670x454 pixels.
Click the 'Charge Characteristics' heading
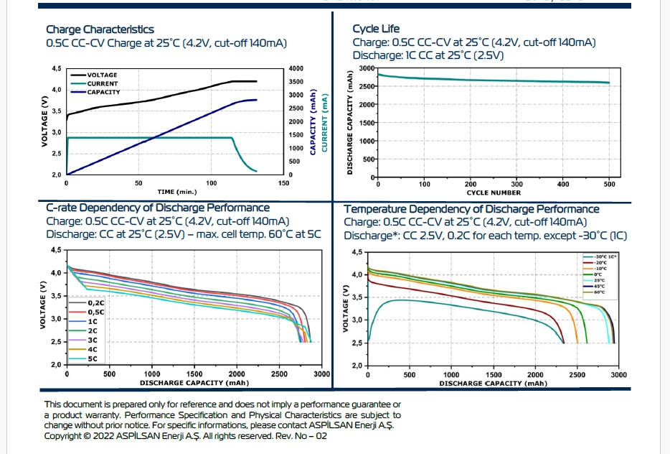100,29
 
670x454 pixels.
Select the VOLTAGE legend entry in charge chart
102,75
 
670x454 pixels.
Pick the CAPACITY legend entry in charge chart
103,93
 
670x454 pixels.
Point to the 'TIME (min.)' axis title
176,192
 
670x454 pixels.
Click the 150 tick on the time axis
284,183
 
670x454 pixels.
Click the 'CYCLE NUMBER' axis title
494,193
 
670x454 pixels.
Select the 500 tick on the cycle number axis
610,184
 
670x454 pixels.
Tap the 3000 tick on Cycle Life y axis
367,68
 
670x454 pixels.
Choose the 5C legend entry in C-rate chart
93,358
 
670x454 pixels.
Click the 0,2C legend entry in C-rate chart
95,302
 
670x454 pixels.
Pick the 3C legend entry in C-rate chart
93,339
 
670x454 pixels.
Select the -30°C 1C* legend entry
606,256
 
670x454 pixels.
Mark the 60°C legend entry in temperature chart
599,292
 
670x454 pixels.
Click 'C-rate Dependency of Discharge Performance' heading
158,208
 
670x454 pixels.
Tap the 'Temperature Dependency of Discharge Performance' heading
471,209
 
